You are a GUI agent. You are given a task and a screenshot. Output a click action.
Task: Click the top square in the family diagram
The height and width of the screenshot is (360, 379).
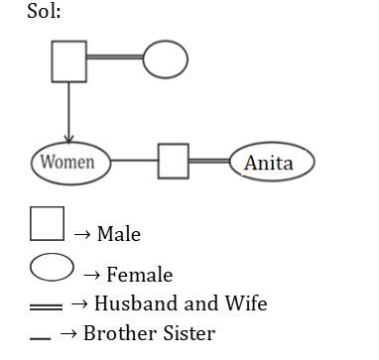point(68,62)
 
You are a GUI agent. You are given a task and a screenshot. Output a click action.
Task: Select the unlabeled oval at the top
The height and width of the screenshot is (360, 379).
point(165,60)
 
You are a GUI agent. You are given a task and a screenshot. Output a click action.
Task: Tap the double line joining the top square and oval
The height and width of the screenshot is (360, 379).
point(114,59)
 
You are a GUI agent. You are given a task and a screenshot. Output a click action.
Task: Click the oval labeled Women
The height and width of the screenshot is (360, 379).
point(69,161)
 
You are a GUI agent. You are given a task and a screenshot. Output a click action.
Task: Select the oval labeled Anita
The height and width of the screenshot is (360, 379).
point(271,163)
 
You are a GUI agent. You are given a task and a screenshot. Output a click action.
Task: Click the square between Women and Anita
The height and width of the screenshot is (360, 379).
point(174,161)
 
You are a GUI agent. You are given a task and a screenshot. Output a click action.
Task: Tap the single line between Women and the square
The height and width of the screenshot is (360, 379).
point(134,161)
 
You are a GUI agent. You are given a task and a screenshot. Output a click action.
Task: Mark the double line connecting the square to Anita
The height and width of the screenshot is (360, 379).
point(209,161)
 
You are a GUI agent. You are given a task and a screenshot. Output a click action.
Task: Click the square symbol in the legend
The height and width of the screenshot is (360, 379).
point(47,223)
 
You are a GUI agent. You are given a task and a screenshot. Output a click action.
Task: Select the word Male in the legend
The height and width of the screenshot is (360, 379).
point(119,235)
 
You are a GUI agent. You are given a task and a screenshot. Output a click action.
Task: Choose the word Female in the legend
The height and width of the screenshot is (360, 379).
point(139,276)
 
